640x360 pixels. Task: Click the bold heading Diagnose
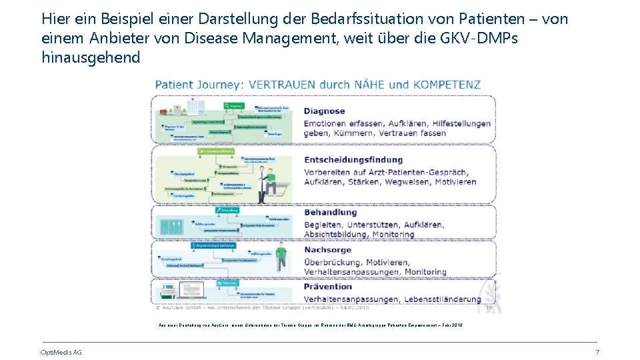(324, 111)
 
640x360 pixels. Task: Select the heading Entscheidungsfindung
(353, 160)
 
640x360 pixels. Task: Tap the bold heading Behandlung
(331, 213)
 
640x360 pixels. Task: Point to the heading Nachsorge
(328, 250)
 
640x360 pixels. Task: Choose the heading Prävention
(328, 287)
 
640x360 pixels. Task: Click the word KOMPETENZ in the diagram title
(446, 85)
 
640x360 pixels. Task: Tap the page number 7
(597, 352)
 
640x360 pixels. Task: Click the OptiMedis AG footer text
(61, 352)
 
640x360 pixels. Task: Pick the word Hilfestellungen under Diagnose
(453, 123)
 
